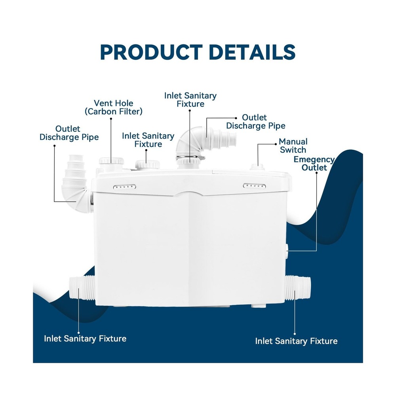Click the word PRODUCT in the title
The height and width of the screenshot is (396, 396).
[151, 52]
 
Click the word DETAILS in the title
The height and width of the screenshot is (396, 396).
[252, 52]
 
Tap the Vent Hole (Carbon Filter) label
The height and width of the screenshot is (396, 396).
[113, 107]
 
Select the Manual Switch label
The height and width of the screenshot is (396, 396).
[293, 146]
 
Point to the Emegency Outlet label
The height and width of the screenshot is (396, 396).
[314, 164]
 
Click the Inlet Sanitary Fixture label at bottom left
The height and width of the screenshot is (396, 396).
[85, 339]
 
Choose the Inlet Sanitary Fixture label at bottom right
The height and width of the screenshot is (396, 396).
[296, 341]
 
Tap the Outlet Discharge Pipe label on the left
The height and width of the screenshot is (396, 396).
[69, 133]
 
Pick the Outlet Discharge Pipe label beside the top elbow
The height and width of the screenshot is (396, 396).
[255, 122]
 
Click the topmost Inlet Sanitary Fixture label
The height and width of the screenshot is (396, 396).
[190, 100]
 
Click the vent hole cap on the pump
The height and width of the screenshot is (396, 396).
[111, 161]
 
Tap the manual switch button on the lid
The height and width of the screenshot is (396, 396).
[257, 167]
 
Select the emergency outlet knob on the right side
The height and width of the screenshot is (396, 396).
[287, 251]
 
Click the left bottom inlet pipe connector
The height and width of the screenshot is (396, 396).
[82, 288]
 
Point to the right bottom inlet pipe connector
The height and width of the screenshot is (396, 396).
[298, 288]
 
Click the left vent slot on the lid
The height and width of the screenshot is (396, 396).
[124, 187]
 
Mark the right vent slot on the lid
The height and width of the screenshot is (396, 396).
[254, 186]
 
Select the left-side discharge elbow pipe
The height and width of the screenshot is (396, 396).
[76, 183]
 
